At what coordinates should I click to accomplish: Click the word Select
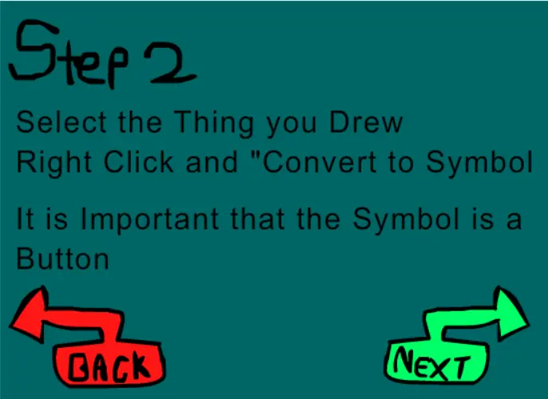[x=61, y=122]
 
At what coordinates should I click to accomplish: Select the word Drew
[x=366, y=122]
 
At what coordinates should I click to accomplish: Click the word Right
[x=54, y=164]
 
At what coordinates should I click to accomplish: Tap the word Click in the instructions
[x=139, y=161]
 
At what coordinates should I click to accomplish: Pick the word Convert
[x=319, y=161]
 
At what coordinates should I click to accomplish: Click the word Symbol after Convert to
[x=479, y=164]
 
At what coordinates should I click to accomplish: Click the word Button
[x=62, y=258]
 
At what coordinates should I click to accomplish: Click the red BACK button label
[x=109, y=366]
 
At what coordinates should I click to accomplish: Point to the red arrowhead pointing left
[x=29, y=314]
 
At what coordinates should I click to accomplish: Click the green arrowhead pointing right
[x=511, y=313]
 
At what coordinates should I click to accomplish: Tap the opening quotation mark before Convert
[x=256, y=156]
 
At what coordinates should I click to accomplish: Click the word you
[x=291, y=127]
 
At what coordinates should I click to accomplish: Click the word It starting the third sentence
[x=26, y=219]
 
